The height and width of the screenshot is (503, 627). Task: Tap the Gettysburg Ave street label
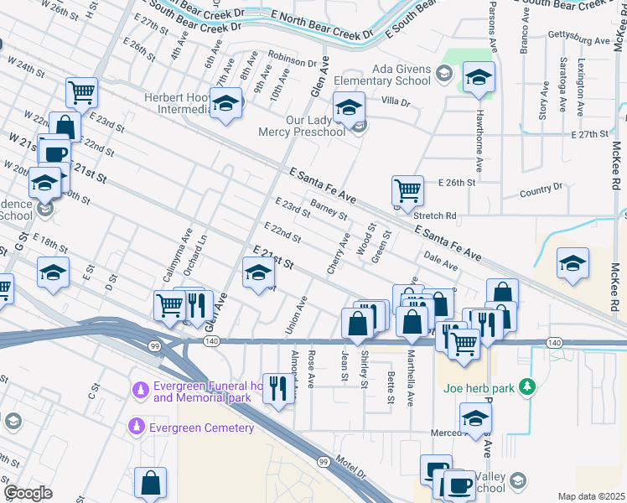[x=578, y=40]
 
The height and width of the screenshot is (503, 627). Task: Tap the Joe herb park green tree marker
[x=527, y=387]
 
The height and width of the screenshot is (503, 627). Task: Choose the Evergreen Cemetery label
[x=201, y=428]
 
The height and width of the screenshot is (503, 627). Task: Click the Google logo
[x=28, y=493]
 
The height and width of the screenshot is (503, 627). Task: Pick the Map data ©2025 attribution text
[x=591, y=496]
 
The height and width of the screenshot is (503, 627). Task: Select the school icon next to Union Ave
[x=258, y=272]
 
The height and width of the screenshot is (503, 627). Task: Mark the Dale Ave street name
[x=441, y=262]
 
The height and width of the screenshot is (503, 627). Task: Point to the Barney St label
[x=329, y=208]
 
